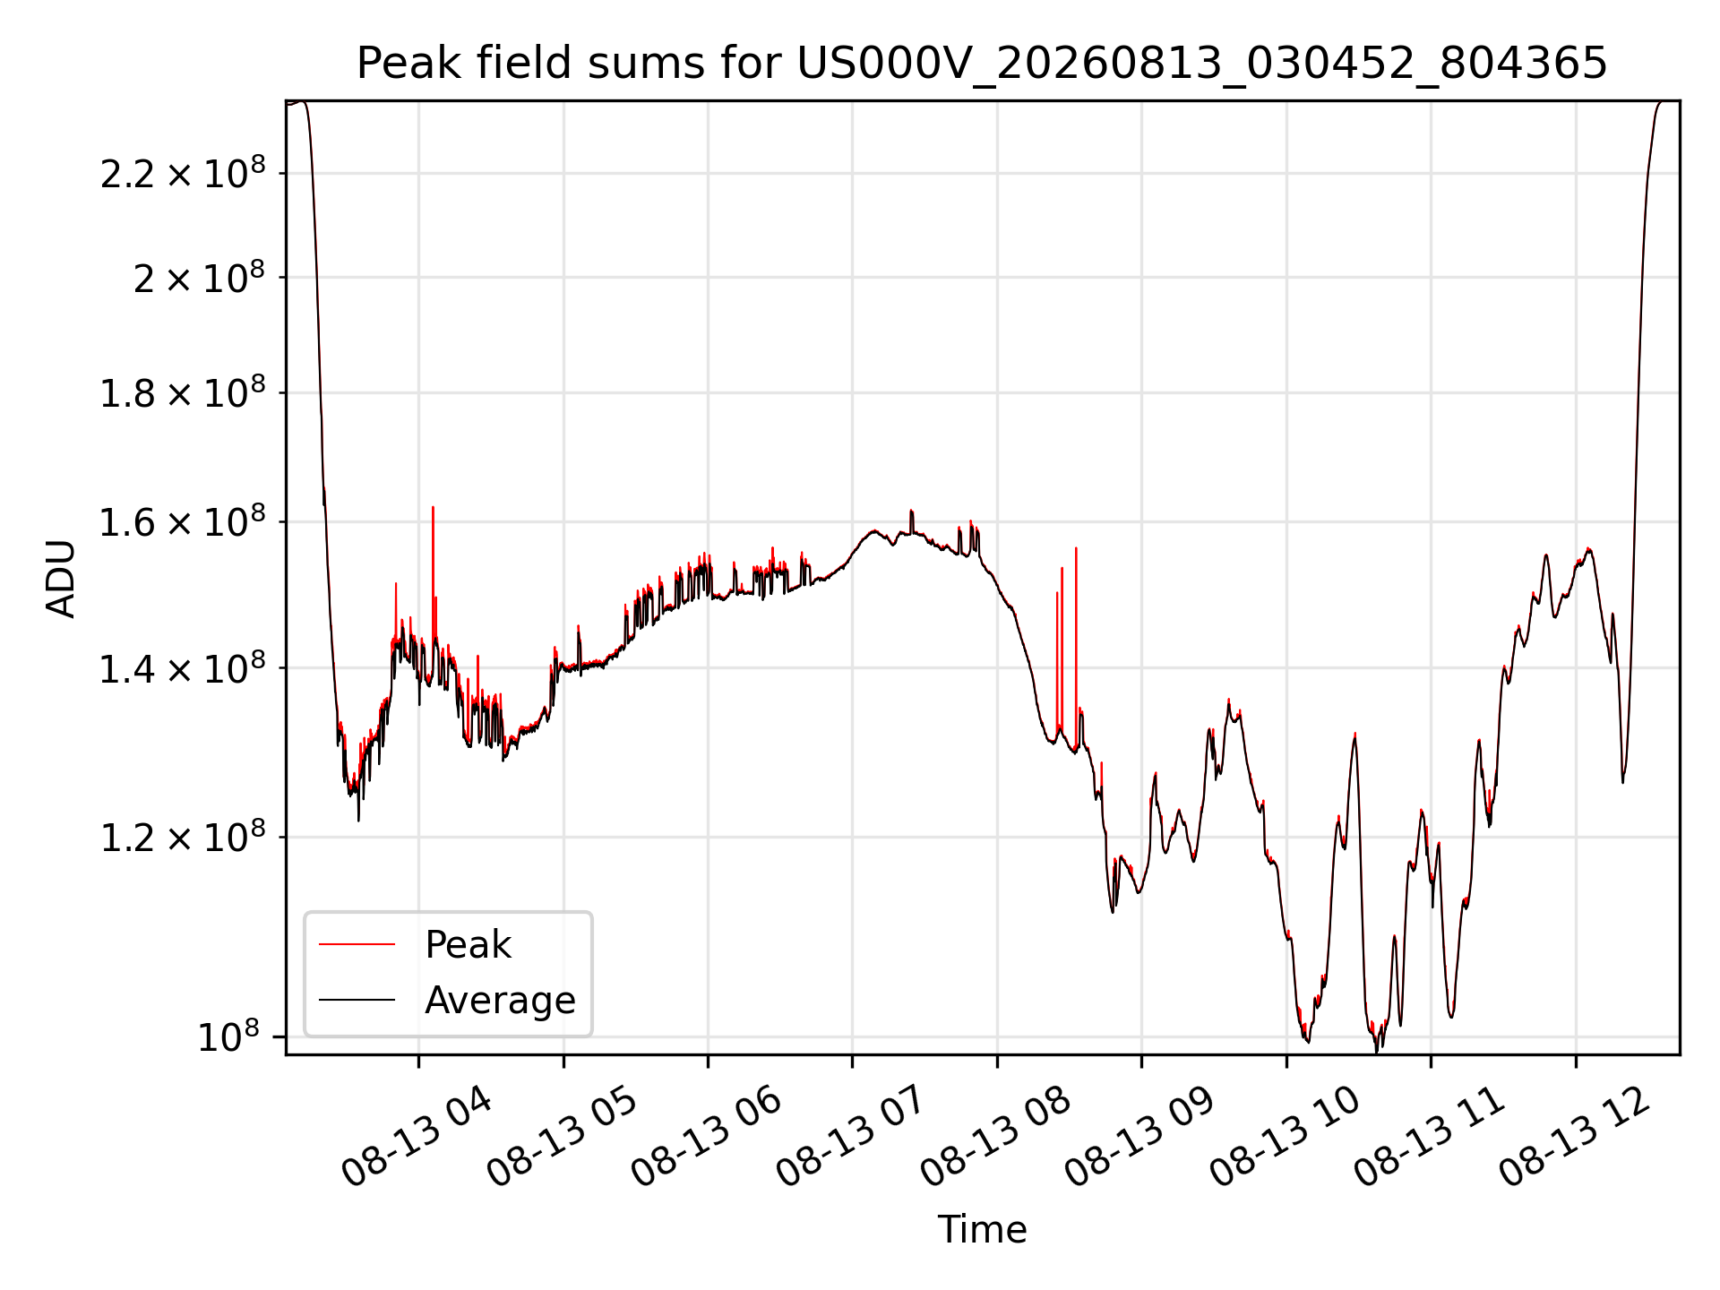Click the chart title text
[x=982, y=64]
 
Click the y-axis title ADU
[x=62, y=579]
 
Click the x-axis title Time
[x=982, y=1229]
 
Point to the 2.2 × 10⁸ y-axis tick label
[x=183, y=173]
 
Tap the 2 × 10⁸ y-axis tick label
[x=199, y=278]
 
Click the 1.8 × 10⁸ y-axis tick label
[x=183, y=392]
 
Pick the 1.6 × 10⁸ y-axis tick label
[x=183, y=521]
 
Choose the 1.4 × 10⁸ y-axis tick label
[x=183, y=668]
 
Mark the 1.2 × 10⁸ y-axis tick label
[x=183, y=838]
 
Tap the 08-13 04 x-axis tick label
[x=417, y=1136]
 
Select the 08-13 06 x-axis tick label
[x=708, y=1136]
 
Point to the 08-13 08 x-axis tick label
[x=996, y=1136]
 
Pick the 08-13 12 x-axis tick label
[x=1575, y=1136]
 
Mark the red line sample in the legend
[x=357, y=944]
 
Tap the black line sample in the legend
[x=357, y=1000]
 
